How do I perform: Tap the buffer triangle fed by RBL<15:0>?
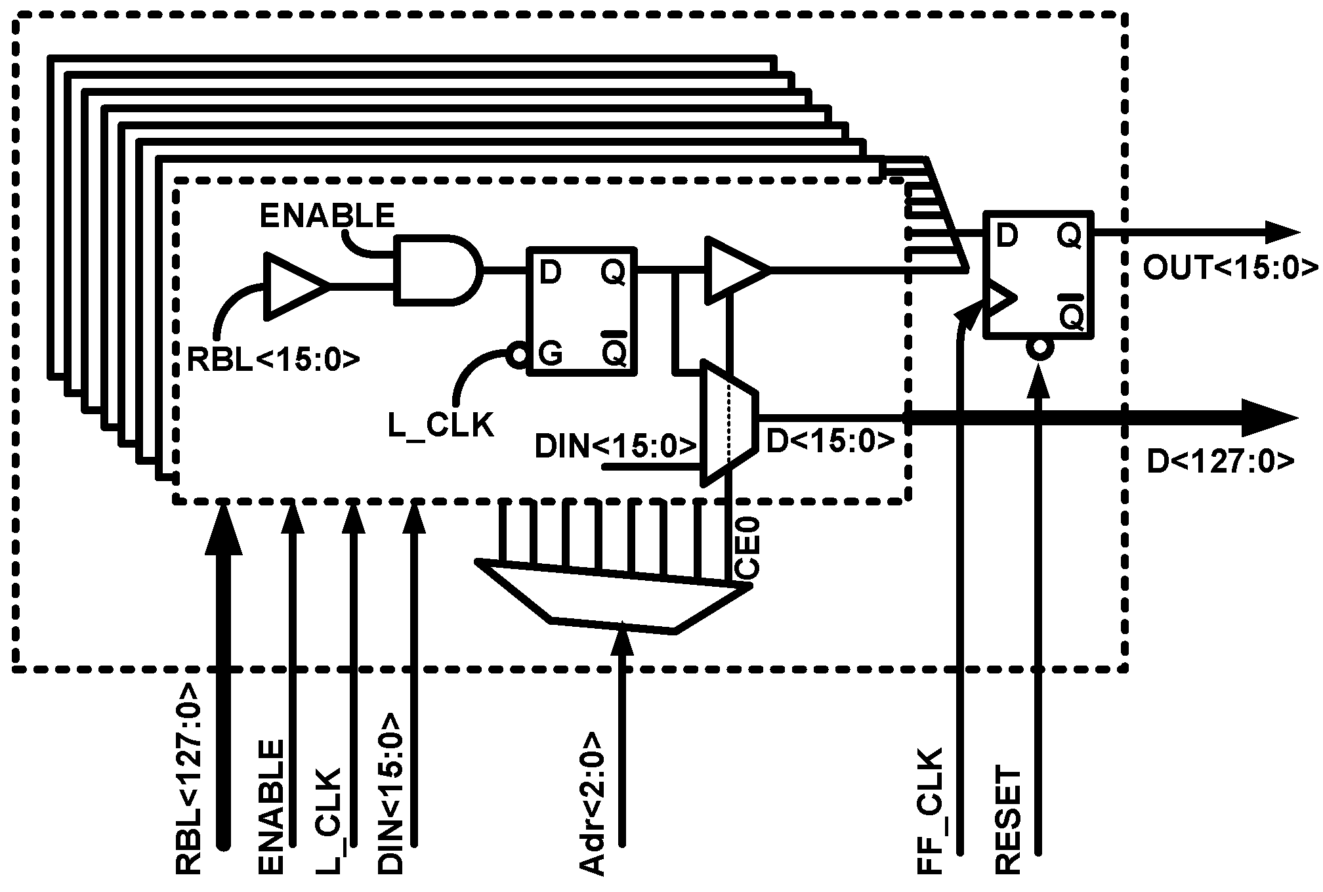point(292,287)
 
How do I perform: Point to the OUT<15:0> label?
point(1230,268)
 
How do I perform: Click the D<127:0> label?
point(1221,462)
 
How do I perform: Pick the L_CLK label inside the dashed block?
point(440,425)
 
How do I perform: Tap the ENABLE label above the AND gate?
point(327,215)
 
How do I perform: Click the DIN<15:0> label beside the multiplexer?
point(615,446)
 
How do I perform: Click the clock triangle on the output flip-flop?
point(999,299)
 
